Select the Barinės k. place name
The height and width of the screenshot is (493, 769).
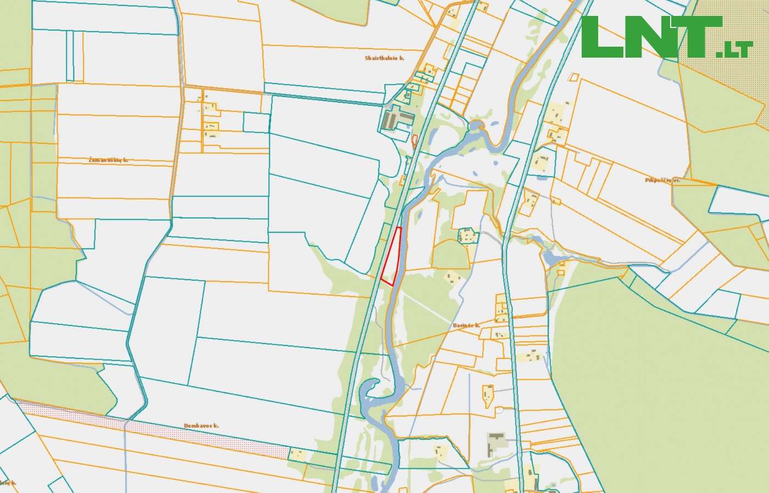(x=467, y=326)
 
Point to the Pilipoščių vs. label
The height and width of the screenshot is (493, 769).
(x=663, y=180)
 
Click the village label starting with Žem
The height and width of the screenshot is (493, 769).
(x=108, y=160)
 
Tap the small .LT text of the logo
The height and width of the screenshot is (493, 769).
(x=734, y=50)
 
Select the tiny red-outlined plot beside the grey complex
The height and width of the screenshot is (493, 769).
(x=414, y=141)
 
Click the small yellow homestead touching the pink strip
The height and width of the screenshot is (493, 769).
(x=298, y=454)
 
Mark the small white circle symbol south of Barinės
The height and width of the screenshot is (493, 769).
(x=500, y=409)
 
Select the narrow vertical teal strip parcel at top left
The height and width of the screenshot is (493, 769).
(x=70, y=55)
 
